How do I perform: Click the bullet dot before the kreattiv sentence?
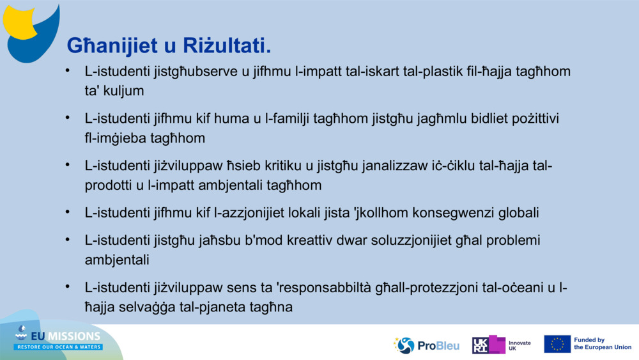click(67, 239)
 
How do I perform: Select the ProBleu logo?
click(426, 345)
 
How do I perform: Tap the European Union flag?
click(557, 344)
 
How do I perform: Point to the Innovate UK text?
click(520, 345)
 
